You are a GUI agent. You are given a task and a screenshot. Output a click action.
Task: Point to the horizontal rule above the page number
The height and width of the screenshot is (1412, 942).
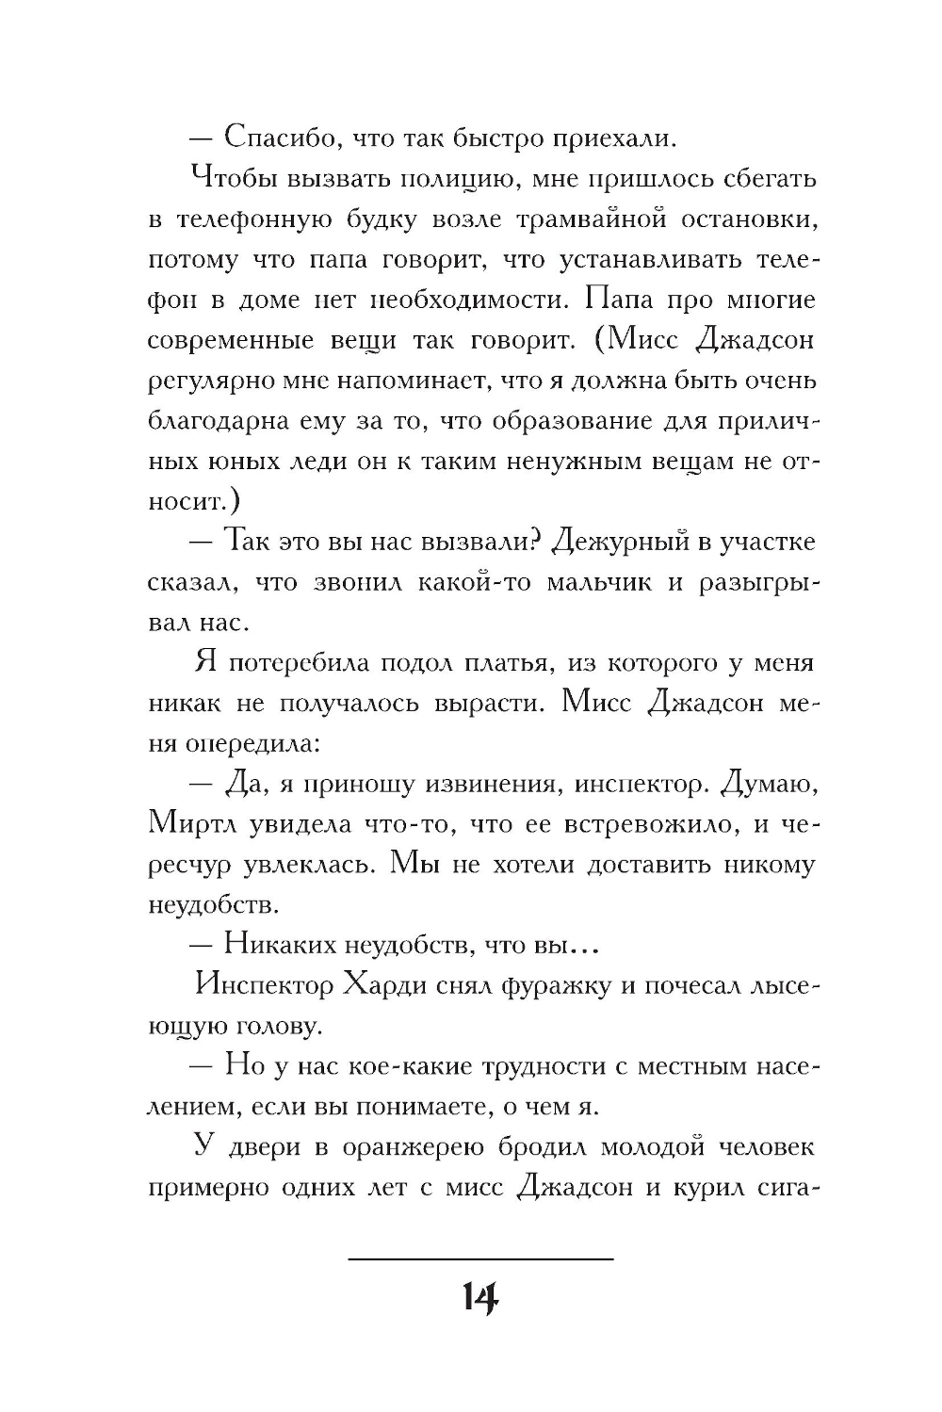pyautogui.click(x=480, y=1258)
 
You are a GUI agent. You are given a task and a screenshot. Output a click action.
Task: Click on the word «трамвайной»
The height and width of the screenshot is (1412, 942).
pyautogui.click(x=592, y=219)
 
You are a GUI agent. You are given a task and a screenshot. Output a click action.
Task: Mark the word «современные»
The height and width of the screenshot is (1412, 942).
pyautogui.click(x=234, y=340)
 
